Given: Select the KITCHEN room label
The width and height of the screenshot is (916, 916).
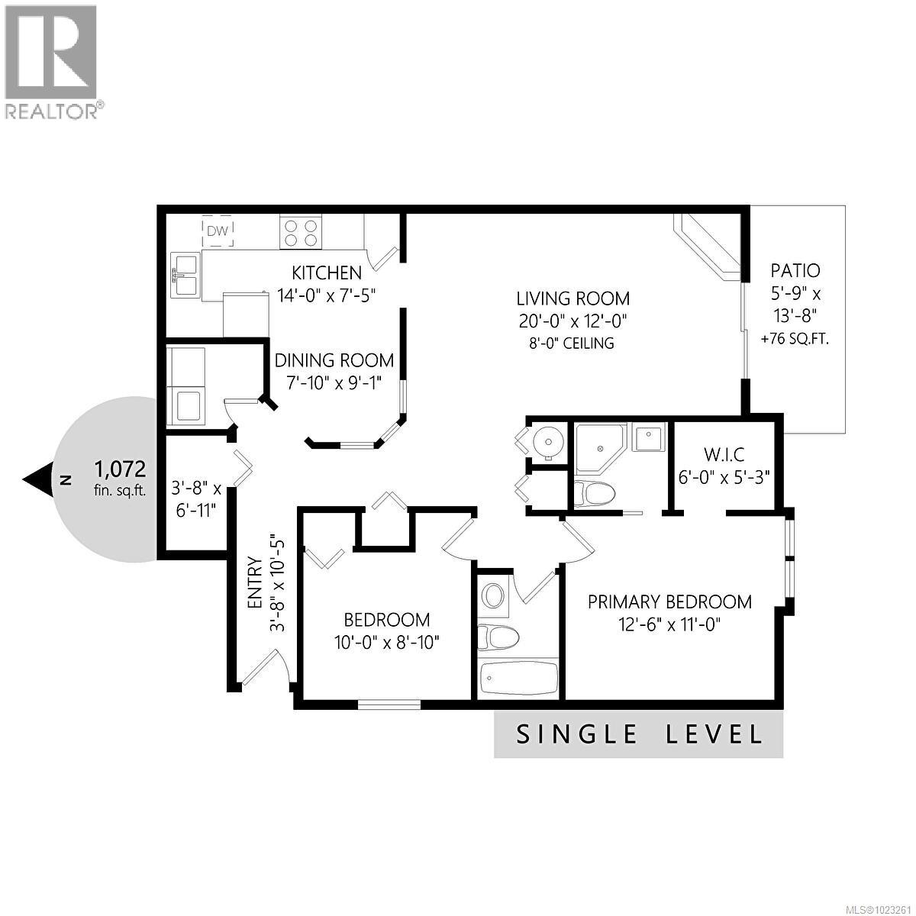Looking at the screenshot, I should [327, 273].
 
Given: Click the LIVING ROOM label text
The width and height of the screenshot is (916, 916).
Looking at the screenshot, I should [572, 298].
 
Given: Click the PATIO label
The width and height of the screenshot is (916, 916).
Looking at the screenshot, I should [795, 270].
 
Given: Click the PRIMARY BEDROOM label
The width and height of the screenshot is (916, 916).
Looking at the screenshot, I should [669, 602].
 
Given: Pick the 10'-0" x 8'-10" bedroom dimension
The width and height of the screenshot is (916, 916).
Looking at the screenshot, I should [386, 643].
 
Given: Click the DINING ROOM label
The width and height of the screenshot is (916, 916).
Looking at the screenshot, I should [334, 360].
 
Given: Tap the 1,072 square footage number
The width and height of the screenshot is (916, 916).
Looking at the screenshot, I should [120, 468].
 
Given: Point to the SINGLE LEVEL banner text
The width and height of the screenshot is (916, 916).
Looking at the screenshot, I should [639, 734].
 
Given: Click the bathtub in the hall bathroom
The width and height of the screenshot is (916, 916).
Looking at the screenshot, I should [518, 676].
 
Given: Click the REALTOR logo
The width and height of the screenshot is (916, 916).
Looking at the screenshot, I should [52, 61].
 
